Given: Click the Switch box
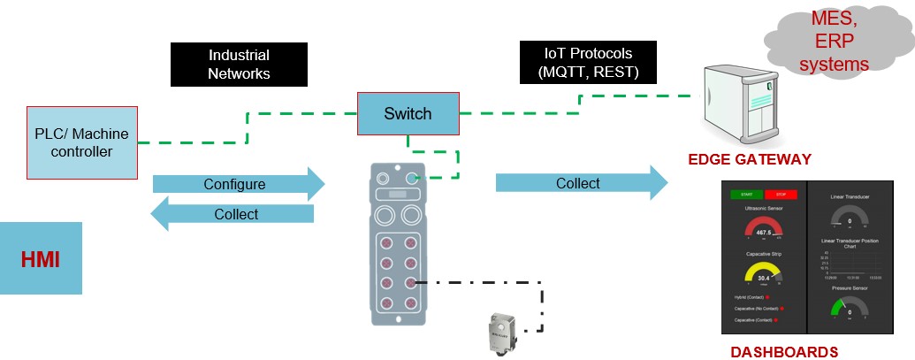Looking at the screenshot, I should tap(408, 113).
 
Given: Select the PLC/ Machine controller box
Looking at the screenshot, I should tap(82, 142).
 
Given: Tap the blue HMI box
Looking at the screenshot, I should tap(41, 257).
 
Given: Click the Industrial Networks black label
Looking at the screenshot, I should tap(238, 65).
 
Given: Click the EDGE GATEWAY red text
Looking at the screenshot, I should tap(750, 159).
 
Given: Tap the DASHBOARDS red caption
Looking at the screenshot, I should tap(784, 352).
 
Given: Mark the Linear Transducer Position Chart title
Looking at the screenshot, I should tap(850, 243).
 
